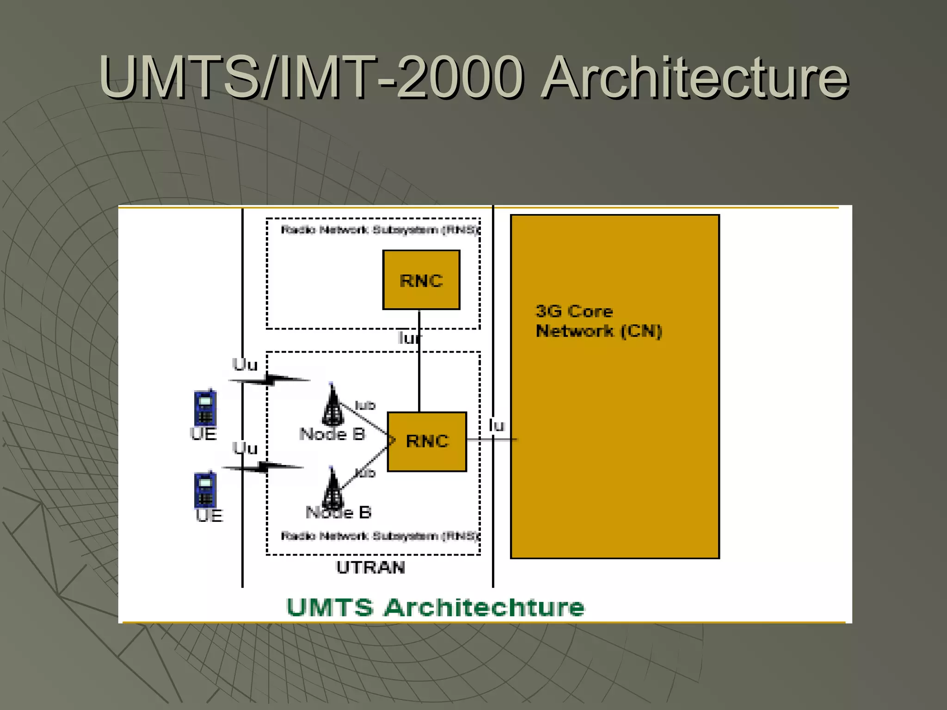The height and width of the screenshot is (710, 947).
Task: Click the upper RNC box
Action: click(421, 280)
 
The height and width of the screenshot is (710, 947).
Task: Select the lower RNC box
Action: click(427, 441)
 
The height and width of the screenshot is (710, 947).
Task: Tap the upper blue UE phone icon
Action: click(205, 407)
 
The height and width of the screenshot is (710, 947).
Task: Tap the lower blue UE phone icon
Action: click(205, 490)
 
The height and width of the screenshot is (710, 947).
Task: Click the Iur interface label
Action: click(409, 338)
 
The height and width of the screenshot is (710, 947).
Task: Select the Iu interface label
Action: click(497, 425)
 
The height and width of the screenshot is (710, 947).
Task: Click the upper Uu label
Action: click(245, 365)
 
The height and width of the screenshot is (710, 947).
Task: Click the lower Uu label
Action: click(245, 448)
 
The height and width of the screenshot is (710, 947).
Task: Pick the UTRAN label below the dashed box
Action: click(370, 567)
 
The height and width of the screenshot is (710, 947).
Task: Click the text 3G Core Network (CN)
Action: click(598, 321)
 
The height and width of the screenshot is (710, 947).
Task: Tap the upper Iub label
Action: click(365, 405)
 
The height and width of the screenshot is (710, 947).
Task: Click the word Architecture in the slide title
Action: click(695, 77)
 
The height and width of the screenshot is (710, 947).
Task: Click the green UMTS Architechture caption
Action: click(435, 607)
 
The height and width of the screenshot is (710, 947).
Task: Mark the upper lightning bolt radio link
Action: click(270, 380)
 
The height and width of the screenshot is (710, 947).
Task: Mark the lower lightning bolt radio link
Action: click(263, 467)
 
